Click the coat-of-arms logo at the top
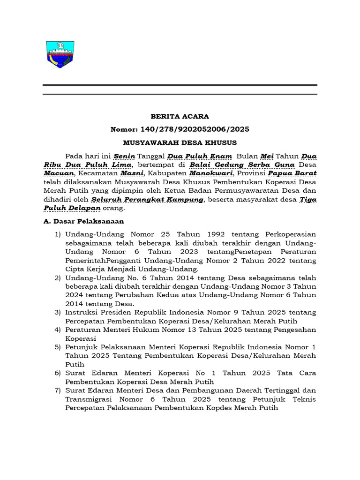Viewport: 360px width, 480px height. (x=59, y=54)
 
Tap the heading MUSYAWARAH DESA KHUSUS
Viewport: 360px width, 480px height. (x=180, y=142)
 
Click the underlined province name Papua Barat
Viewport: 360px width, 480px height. (x=296, y=173)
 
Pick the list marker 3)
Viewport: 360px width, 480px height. (x=58, y=312)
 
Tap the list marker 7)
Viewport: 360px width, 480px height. (x=58, y=390)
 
